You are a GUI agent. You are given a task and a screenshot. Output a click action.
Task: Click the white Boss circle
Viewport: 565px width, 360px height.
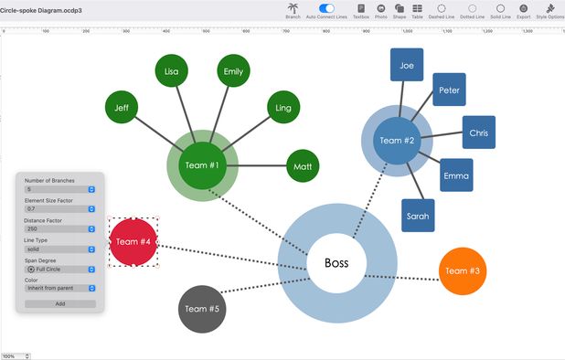tap(336, 263)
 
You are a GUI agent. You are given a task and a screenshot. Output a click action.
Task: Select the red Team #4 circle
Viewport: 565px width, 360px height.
tap(133, 242)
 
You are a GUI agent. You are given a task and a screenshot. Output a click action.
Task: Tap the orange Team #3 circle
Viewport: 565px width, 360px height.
tap(463, 271)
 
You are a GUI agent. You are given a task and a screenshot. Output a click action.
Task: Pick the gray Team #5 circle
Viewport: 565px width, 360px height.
tap(202, 309)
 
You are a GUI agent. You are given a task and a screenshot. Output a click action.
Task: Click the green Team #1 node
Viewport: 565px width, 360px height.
tap(202, 165)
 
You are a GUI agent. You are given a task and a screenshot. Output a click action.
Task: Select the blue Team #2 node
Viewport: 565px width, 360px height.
tap(397, 141)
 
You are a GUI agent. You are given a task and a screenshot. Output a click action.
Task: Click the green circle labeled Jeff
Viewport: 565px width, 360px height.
tap(122, 108)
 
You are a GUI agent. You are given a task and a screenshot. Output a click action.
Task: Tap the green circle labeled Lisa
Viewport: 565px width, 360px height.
tap(172, 71)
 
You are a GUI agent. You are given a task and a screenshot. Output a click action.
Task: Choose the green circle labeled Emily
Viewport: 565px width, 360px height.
tap(233, 71)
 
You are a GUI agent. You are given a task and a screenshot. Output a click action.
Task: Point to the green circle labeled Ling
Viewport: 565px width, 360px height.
tap(282, 108)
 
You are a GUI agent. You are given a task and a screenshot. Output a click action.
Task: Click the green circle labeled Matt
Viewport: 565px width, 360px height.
tap(304, 166)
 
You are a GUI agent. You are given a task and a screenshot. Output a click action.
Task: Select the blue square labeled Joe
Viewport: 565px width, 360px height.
tap(407, 66)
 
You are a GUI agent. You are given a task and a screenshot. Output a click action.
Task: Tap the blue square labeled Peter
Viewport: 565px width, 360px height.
tap(449, 90)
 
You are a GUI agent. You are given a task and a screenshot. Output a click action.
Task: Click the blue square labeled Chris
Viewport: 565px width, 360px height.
tap(479, 132)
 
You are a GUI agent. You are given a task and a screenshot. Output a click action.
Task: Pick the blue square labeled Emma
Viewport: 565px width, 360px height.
tap(456, 175)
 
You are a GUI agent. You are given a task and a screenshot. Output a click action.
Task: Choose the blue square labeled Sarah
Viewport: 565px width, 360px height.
tap(418, 216)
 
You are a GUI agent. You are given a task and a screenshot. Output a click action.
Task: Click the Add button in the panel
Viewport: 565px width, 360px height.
tap(59, 303)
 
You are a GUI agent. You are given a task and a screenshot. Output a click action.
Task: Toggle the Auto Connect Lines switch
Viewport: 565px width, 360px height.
tap(326, 8)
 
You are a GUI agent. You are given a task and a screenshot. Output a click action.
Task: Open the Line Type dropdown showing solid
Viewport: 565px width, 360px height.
tap(59, 249)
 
